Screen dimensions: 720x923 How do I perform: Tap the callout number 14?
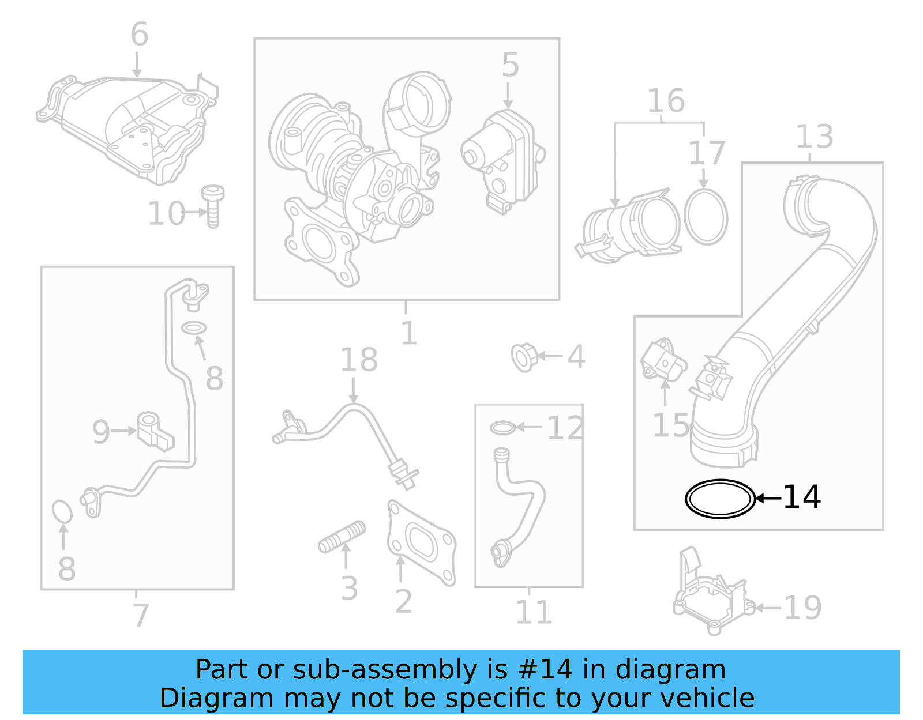(x=801, y=497)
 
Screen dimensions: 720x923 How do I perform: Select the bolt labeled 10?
(x=213, y=206)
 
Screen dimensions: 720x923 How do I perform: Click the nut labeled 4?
(x=524, y=357)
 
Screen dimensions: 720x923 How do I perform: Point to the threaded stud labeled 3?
(x=342, y=537)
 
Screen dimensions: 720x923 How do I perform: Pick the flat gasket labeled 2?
(x=421, y=542)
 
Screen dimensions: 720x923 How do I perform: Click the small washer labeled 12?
(x=502, y=428)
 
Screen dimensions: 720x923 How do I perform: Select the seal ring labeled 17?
(x=706, y=217)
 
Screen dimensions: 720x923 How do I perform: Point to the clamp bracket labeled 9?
(x=154, y=431)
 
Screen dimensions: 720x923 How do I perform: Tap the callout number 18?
(x=358, y=360)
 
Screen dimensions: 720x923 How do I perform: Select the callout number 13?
(x=814, y=137)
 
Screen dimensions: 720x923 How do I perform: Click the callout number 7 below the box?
(x=140, y=615)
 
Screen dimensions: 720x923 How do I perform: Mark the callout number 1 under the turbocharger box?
(x=408, y=333)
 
